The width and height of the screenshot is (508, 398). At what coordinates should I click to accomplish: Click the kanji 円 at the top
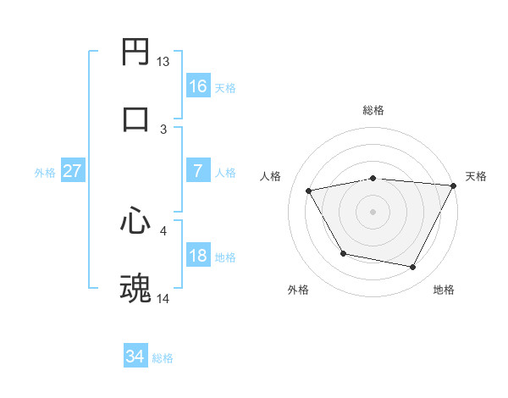(135, 53)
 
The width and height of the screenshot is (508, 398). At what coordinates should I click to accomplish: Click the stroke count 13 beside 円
(163, 62)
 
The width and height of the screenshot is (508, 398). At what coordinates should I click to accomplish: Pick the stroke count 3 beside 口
(163, 129)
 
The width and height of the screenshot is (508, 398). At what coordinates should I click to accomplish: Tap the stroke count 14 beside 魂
(163, 298)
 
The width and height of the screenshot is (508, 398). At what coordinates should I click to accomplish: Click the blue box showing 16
(197, 86)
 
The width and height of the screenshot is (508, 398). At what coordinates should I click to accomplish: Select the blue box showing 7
(197, 171)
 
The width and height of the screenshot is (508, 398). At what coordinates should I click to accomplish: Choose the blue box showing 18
(197, 256)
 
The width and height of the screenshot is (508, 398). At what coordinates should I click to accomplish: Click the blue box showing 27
(72, 171)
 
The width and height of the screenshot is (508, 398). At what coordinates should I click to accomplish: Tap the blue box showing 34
(135, 357)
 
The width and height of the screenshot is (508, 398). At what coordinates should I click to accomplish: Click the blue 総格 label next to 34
(163, 358)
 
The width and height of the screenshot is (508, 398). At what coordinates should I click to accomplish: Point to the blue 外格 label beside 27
(45, 172)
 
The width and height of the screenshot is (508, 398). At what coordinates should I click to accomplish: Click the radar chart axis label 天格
(476, 176)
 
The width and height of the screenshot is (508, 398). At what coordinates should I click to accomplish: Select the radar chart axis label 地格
(444, 290)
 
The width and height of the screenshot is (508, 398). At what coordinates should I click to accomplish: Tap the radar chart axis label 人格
(270, 176)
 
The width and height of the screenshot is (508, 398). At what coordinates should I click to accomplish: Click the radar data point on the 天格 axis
(454, 185)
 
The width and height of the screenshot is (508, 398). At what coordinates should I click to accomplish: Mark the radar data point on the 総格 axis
(373, 178)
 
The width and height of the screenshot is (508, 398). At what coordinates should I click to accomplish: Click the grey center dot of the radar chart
(373, 212)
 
